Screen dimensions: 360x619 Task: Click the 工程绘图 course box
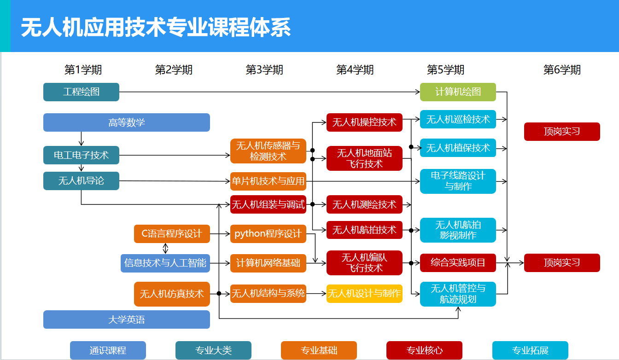(x=81, y=92)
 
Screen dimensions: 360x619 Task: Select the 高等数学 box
(x=127, y=122)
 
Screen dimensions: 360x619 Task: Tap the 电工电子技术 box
(x=81, y=155)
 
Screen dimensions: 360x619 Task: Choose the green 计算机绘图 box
(x=458, y=92)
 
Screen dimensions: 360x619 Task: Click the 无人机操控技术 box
(x=364, y=122)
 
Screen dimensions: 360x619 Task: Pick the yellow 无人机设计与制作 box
(x=364, y=293)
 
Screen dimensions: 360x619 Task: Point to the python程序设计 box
(x=268, y=234)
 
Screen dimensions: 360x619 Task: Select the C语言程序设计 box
(x=172, y=234)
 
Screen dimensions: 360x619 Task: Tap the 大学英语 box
(x=127, y=319)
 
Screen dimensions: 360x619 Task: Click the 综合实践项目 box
(x=458, y=263)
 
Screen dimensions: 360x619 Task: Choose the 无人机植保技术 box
(x=458, y=148)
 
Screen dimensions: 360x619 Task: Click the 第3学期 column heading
(x=264, y=70)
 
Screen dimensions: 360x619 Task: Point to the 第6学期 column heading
(x=562, y=70)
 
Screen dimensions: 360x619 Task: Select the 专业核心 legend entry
(x=424, y=350)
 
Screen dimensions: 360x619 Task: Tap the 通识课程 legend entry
(x=108, y=350)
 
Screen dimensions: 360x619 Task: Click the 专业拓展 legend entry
(x=530, y=350)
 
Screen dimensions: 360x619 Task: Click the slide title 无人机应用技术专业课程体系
(x=156, y=28)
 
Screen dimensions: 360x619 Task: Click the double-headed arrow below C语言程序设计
(x=166, y=248)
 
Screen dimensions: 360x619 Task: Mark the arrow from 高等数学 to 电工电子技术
(x=81, y=139)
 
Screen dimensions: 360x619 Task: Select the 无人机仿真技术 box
(x=172, y=294)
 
